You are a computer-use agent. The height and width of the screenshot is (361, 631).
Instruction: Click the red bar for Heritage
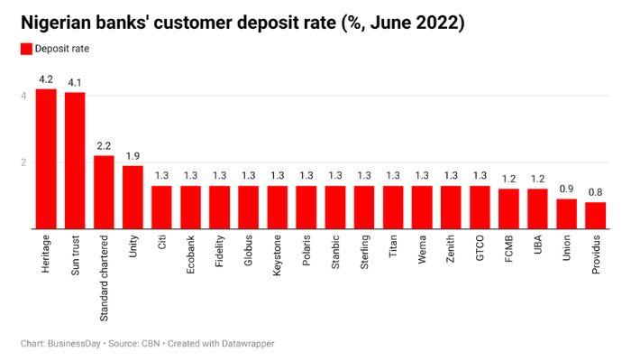46,159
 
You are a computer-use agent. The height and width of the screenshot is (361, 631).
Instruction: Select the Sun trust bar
75,161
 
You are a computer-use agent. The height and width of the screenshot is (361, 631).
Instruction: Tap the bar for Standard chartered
104,192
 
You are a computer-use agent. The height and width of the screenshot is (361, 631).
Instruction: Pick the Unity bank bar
133,197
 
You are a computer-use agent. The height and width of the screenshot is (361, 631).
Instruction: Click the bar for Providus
595,216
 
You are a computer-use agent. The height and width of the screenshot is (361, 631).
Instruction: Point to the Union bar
566,214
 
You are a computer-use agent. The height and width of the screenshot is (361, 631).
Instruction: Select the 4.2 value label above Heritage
46,79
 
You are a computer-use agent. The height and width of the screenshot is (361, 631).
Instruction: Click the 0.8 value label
595,192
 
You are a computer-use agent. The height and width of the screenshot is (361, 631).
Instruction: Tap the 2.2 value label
104,145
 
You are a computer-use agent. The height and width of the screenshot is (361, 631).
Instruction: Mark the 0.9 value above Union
566,190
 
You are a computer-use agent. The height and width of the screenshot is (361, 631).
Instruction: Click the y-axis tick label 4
24,96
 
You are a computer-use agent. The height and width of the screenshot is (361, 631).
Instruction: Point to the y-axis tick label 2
24,162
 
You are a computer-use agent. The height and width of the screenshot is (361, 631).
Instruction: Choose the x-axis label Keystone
278,260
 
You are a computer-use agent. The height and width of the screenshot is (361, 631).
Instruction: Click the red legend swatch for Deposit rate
26,51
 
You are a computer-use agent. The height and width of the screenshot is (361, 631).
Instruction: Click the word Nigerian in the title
57,23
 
